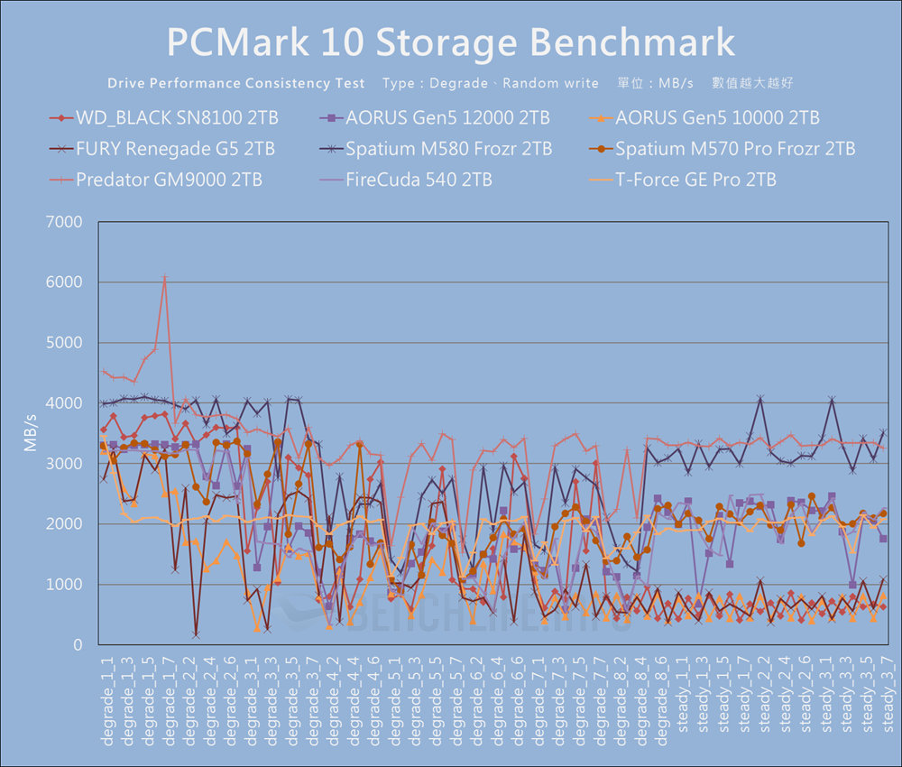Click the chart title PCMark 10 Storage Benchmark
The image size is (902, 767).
[x=451, y=42]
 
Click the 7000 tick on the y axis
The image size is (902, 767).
[x=65, y=222]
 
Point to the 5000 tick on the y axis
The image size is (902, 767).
[x=65, y=343]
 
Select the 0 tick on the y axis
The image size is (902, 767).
[x=78, y=645]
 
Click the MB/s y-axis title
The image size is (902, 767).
[x=31, y=433]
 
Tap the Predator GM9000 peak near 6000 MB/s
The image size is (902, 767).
[x=164, y=277]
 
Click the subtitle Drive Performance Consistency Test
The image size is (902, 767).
[x=236, y=83]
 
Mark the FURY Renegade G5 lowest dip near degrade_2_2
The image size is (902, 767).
[x=195, y=635]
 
